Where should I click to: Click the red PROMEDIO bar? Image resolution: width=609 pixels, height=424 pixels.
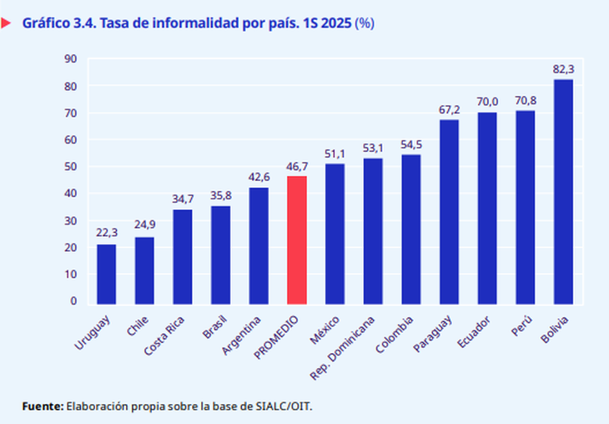tap(296, 240)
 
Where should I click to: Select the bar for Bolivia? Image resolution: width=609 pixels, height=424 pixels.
tap(563, 191)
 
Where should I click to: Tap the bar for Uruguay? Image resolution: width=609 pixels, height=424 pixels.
tap(106, 273)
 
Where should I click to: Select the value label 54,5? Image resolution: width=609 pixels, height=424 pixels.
tap(411, 145)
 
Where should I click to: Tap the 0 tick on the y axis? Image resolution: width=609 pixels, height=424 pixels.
tap(73, 301)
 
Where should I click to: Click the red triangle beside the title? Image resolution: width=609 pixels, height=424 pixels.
tap(6, 23)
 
